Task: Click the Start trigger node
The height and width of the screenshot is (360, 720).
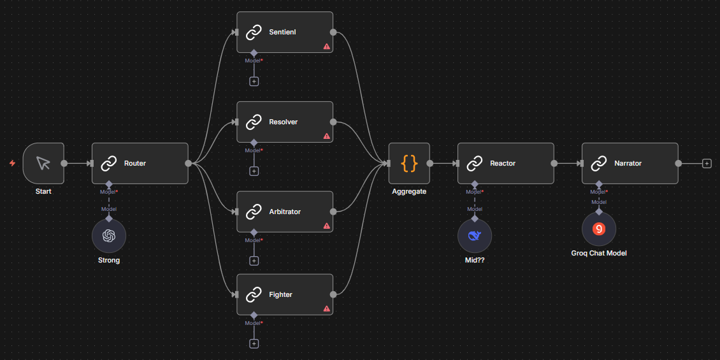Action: click(x=43, y=163)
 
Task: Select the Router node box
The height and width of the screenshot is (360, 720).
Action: click(x=140, y=163)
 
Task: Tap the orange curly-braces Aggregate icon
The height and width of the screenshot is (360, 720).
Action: click(x=409, y=163)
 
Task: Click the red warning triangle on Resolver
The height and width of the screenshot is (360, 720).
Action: click(x=326, y=136)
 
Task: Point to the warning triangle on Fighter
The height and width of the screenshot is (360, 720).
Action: click(x=326, y=308)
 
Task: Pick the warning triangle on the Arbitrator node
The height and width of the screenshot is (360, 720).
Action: click(x=326, y=226)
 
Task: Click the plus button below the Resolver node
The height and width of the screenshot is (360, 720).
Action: click(x=254, y=171)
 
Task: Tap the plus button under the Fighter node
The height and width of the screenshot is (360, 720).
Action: click(x=254, y=344)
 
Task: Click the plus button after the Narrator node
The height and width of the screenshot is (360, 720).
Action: click(x=707, y=163)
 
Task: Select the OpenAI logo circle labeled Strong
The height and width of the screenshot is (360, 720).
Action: click(x=109, y=236)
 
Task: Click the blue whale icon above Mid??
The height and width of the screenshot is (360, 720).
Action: click(x=475, y=236)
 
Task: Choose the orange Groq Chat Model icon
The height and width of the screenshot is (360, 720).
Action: click(x=599, y=229)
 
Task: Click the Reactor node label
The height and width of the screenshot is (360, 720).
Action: click(x=503, y=163)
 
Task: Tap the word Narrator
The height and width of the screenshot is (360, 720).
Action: click(x=628, y=163)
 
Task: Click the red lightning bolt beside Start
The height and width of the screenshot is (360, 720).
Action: click(x=12, y=163)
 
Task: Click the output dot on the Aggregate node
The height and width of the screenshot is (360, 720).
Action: click(x=430, y=163)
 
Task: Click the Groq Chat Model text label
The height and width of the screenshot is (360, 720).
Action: click(x=599, y=253)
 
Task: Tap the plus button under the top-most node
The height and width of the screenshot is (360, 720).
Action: click(x=254, y=82)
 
